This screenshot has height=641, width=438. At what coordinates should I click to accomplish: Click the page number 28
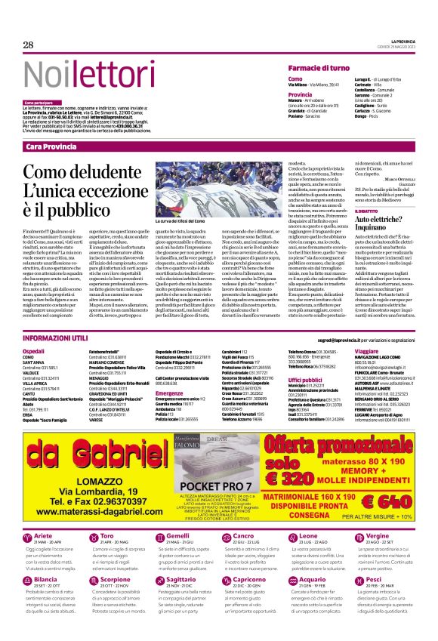tap(29, 45)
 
